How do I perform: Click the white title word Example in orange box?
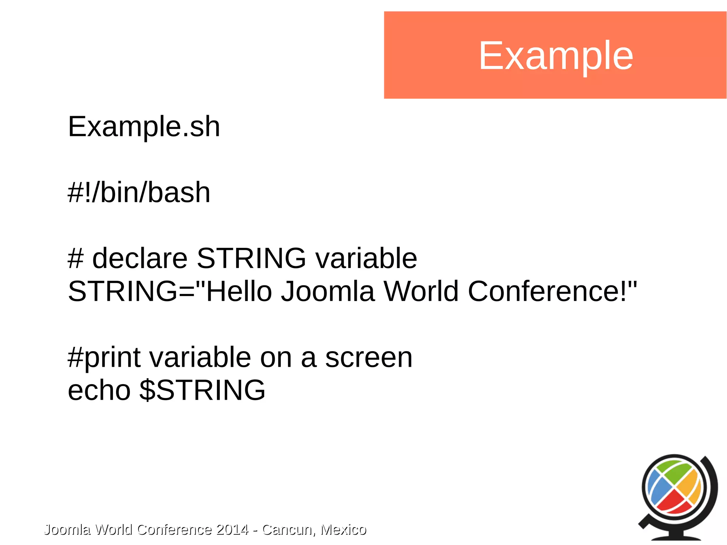click(556, 56)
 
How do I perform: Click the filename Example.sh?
click(144, 127)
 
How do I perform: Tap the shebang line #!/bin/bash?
click(139, 192)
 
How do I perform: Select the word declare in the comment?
click(140, 258)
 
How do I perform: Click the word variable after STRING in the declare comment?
click(366, 258)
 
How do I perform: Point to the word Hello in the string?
click(239, 291)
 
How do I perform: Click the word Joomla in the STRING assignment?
click(328, 291)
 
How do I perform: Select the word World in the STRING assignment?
click(421, 291)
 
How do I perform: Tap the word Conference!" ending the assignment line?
click(552, 291)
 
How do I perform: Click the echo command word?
click(99, 390)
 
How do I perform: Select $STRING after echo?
click(202, 390)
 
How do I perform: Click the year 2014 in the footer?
click(232, 529)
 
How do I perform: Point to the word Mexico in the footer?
click(343, 529)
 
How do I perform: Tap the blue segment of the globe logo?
click(657, 490)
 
